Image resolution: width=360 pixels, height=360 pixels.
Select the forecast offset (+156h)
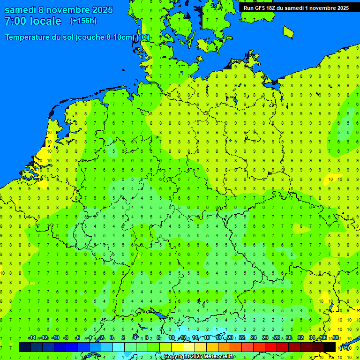point(83,21)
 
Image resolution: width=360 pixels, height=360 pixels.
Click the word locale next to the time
point(45,21)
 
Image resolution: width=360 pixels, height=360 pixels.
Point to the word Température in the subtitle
point(30,37)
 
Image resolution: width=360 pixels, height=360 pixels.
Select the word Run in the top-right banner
point(249,8)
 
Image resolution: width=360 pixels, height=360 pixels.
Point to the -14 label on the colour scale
point(32,337)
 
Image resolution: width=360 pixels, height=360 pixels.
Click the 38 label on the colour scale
point(335,337)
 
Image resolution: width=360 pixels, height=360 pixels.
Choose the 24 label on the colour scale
point(254,337)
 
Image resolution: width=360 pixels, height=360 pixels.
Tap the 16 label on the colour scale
point(207,337)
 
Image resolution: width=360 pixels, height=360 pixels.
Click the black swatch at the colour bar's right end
point(330,347)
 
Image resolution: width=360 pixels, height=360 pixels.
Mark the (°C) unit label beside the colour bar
point(344,347)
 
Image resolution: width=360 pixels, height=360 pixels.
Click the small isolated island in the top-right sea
point(288,31)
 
